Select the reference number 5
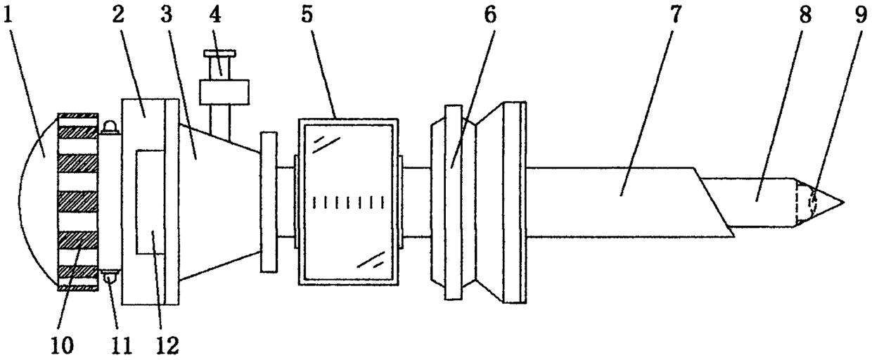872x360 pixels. (x=307, y=15)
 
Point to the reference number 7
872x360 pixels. (x=674, y=15)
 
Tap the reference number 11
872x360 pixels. (x=120, y=344)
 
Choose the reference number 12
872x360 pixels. (x=167, y=344)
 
